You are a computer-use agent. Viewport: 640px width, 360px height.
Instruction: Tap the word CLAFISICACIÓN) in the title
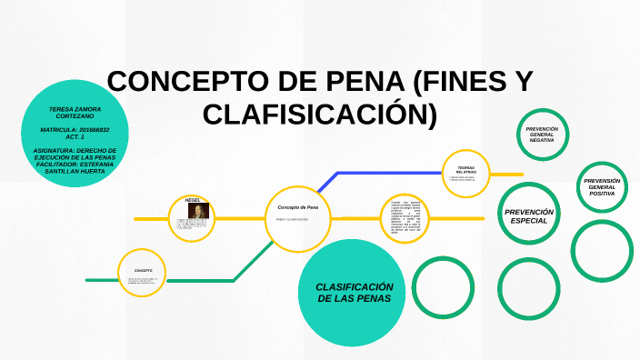320,115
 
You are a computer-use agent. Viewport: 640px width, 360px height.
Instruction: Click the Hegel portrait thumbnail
198,211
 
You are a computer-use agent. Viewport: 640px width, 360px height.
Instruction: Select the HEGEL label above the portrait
192,199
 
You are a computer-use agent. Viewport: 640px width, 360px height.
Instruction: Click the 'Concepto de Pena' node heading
297,208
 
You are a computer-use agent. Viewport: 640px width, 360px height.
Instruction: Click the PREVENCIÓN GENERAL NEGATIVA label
542,135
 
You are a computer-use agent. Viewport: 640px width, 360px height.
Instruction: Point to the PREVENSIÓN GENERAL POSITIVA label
602,187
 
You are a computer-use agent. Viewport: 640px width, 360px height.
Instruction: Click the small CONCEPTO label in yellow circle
143,270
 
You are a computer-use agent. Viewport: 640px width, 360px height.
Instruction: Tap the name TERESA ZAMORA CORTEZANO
75,112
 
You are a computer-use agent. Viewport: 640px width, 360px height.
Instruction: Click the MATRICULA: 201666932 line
75,134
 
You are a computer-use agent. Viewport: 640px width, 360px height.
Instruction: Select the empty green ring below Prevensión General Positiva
602,251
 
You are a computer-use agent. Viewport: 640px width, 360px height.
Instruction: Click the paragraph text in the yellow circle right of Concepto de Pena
404,218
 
